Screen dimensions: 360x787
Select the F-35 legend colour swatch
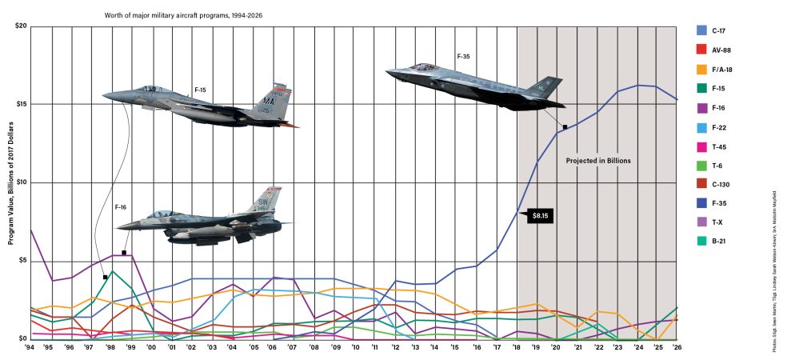point(701,202)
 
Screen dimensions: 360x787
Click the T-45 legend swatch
point(701,146)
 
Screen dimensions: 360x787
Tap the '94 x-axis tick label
point(30,347)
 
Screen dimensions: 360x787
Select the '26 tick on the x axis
point(676,347)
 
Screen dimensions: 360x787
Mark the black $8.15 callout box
point(541,217)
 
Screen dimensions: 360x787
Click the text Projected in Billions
point(599,161)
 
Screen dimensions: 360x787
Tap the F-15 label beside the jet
point(200,90)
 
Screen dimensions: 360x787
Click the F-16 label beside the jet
point(121,207)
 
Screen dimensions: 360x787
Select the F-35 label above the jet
point(463,57)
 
